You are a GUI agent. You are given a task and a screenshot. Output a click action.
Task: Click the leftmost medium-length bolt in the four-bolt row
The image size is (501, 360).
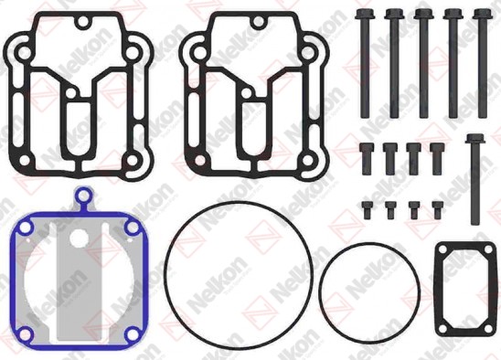point(367,159)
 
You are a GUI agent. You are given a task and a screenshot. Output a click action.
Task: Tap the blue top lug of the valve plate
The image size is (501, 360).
point(84,195)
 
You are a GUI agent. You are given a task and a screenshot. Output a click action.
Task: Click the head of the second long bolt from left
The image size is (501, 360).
point(394,14)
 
